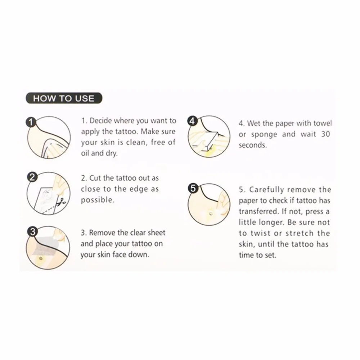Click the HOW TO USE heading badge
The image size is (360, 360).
pos(64,98)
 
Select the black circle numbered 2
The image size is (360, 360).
pos(32,177)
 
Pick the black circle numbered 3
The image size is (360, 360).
pos(33,231)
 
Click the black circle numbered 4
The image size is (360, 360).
pos(192,121)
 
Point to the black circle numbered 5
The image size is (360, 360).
pos(193,188)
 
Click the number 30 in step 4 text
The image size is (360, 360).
pos(325,134)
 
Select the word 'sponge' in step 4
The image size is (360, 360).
pos(264,135)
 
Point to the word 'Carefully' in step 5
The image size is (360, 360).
pos(267,190)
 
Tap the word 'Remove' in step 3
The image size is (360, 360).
pos(102,233)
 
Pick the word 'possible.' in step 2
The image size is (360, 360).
pos(98,200)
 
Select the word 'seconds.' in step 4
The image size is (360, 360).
pos(253,145)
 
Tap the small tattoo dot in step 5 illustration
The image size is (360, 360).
pos(211,214)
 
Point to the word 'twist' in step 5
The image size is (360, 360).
pos(261,233)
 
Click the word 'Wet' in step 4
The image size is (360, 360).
pos(254,123)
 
